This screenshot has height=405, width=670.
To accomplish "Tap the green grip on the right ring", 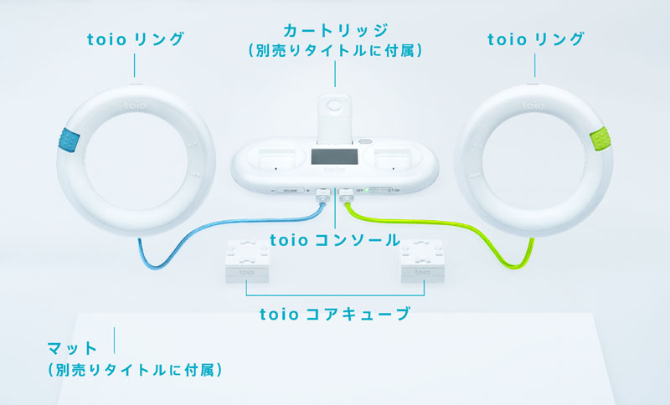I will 600,139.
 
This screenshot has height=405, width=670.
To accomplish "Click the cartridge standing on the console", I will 336,113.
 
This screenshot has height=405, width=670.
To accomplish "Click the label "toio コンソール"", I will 335,240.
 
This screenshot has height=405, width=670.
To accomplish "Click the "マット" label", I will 74,346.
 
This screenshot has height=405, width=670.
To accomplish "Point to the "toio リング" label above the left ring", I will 136,39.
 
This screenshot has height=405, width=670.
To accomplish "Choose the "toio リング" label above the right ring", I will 535,39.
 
